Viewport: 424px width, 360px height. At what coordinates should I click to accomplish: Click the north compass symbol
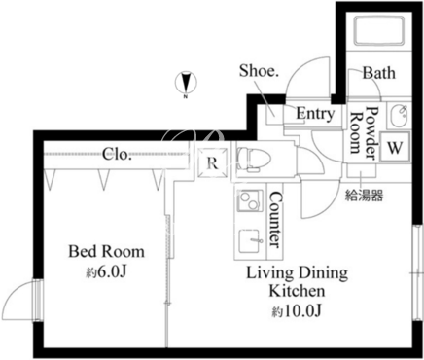pos(186,83)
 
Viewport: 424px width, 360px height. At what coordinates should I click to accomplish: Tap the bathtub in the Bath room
pos(378,30)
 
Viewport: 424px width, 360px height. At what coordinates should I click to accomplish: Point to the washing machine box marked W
pos(395,148)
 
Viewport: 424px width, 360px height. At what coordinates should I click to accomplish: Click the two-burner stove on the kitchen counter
pos(250,200)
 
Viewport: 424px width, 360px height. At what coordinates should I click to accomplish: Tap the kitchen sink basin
pos(250,241)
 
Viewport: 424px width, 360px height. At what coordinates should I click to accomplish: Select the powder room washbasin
pos(400,116)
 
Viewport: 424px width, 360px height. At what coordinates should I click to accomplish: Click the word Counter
pos(275,220)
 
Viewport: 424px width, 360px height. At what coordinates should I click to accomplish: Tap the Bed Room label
pos(106,252)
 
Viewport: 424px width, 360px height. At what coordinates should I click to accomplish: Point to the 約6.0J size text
pos(106,272)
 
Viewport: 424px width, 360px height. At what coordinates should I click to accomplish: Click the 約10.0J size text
pos(296,311)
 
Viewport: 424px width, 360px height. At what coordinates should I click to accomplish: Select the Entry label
pos(315,114)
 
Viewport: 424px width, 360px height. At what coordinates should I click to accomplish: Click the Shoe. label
pos(259,71)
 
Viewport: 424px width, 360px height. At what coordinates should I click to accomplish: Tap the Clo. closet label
pos(117,154)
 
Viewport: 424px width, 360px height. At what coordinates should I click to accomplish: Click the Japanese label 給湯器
pos(364,196)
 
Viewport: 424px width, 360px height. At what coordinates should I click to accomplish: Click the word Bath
pos(378,73)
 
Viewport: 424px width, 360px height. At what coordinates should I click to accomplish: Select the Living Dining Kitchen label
pos(297,281)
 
